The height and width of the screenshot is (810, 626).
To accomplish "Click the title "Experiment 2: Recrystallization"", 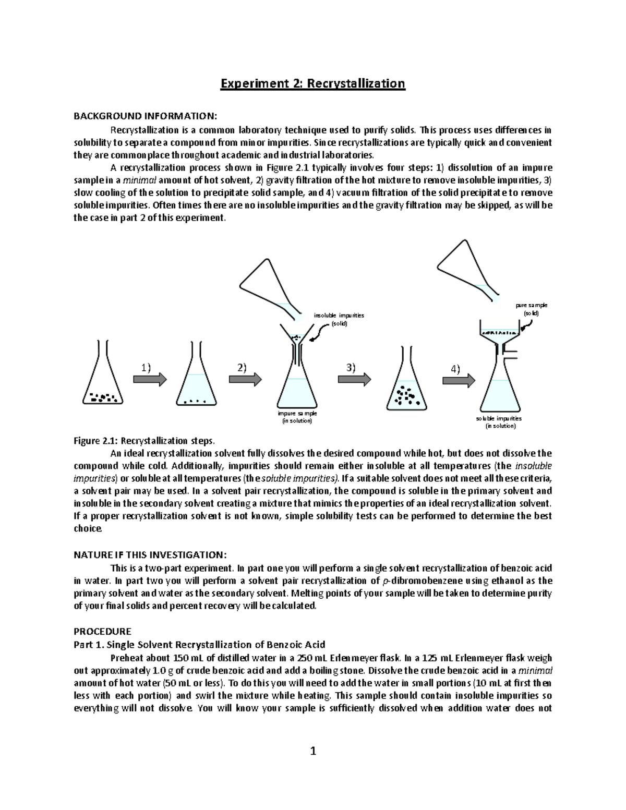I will click(312, 83).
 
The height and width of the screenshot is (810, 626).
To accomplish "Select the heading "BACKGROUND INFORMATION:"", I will click(144, 115).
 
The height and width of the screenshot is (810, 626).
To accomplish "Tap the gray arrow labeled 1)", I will click(150, 379).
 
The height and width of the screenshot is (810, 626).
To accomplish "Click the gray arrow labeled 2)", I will click(245, 379).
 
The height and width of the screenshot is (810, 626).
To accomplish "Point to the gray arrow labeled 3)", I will click(354, 379).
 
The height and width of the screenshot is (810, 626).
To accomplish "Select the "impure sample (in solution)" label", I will click(297, 417).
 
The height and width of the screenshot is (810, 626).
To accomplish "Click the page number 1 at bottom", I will click(313, 751).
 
